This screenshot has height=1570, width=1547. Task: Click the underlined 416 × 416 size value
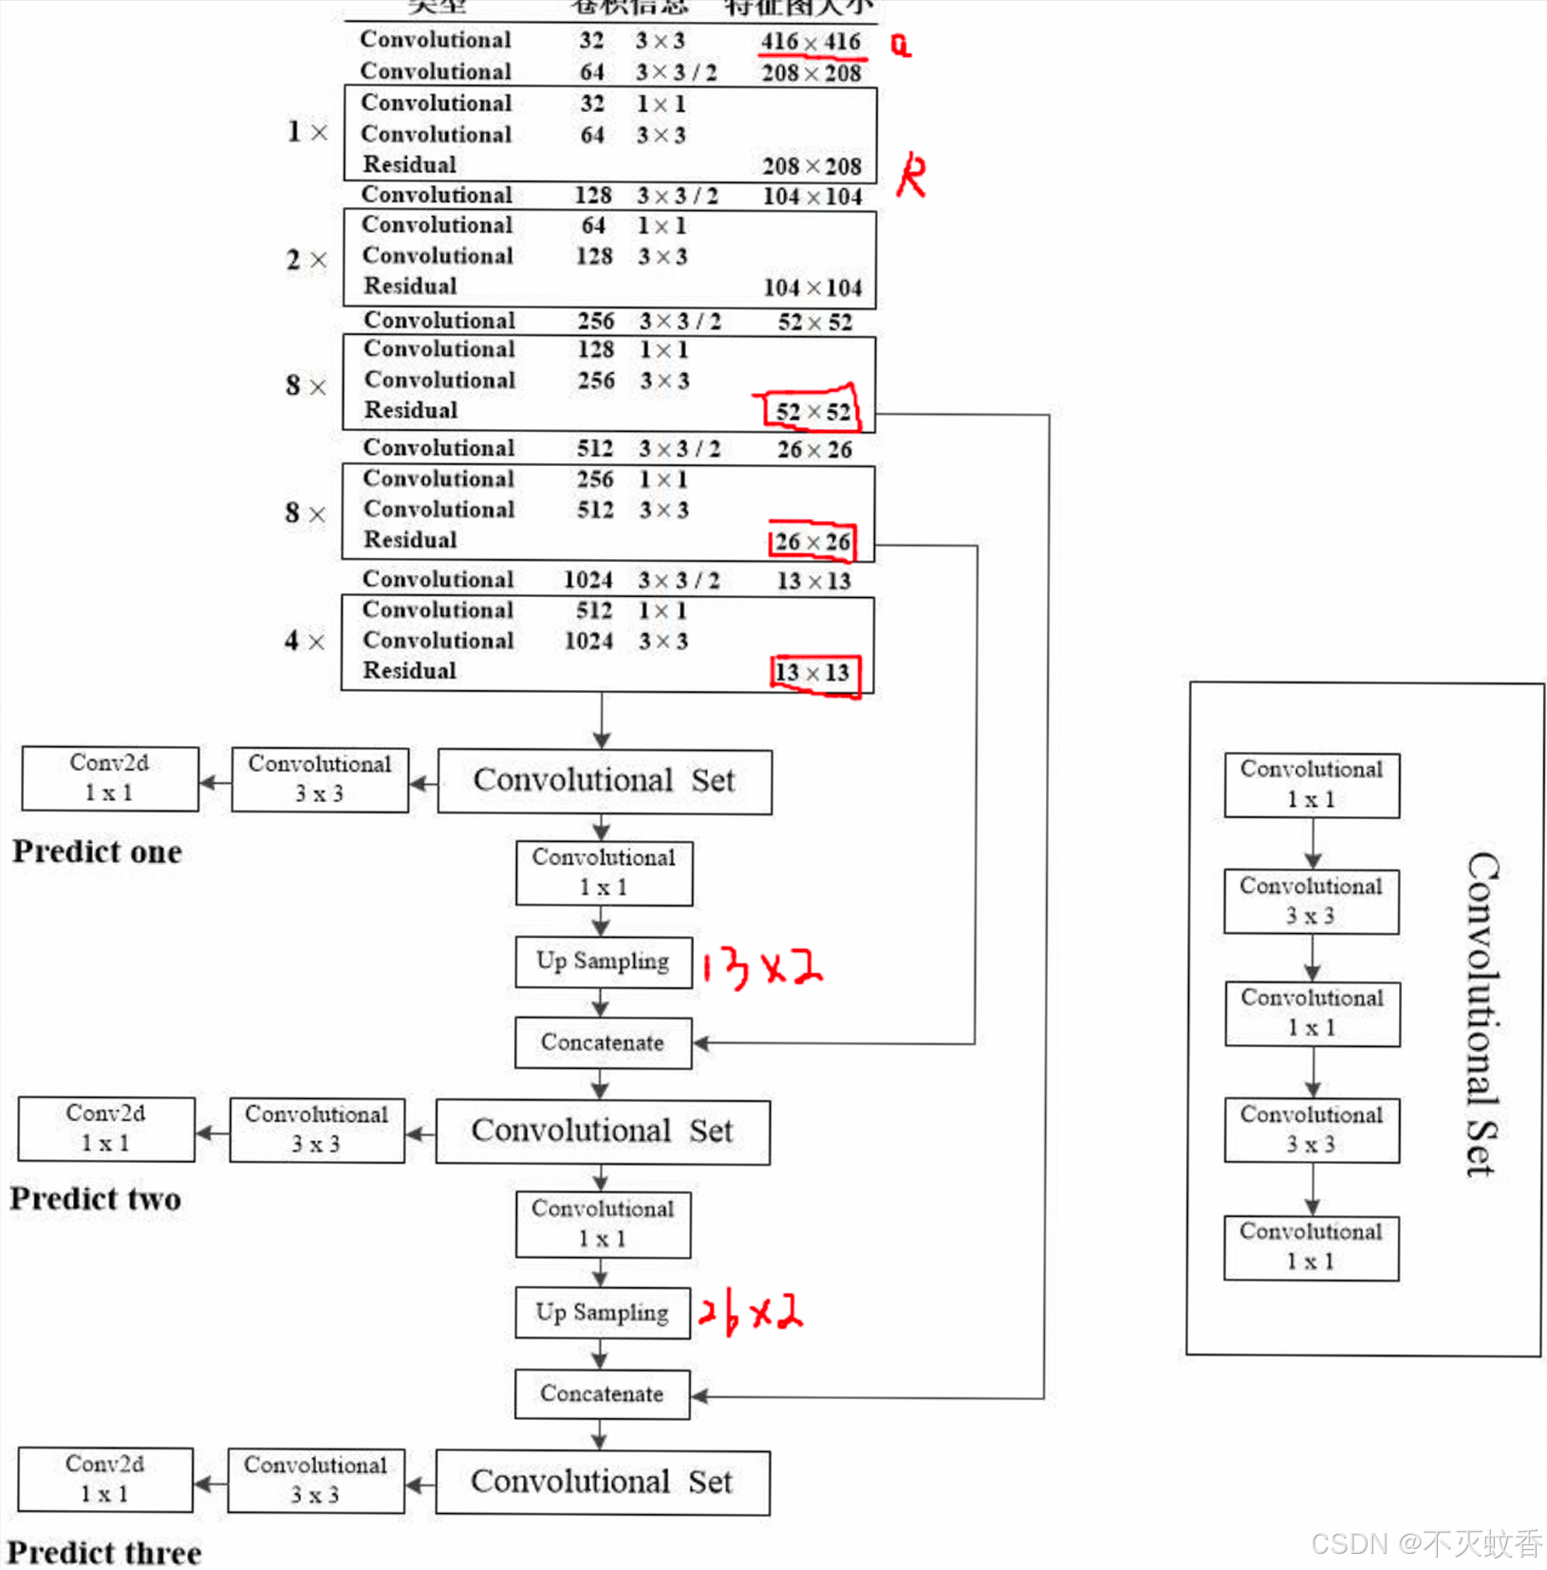pos(810,42)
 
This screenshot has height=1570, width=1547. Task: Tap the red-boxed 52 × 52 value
pos(812,411)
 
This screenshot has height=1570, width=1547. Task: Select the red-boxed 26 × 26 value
pos(811,541)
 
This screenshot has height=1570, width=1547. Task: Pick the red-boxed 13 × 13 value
pos(812,672)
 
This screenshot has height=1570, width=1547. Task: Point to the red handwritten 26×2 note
pos(750,1313)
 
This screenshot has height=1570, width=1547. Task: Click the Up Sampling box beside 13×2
pos(603,962)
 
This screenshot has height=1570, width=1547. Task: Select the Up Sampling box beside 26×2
pos(602,1313)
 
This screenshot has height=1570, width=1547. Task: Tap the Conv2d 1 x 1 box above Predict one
pos(110,778)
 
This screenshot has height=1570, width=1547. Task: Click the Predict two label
pos(96,1199)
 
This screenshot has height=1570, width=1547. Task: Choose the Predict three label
pos(104,1553)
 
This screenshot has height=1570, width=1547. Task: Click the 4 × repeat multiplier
pos(304,641)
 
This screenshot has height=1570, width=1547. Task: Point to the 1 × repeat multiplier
pos(307,131)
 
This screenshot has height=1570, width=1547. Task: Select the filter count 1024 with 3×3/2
pos(587,579)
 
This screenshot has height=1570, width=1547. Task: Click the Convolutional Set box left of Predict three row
pos(602,1482)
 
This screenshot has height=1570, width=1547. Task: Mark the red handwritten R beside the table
pos(911,175)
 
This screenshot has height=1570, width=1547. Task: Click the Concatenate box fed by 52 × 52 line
pos(602,1393)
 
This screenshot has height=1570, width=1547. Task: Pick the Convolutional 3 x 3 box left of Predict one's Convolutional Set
pos(320,779)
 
